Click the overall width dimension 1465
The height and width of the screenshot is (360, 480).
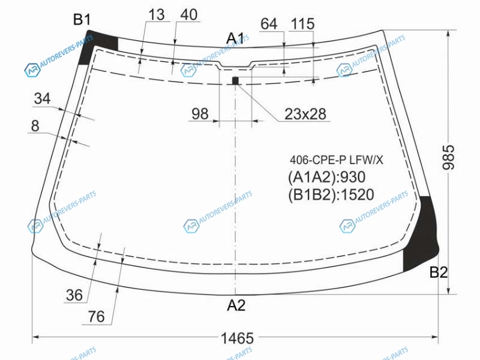(x=237, y=338)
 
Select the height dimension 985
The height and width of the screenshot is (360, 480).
(x=449, y=157)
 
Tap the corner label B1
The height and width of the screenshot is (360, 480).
(x=82, y=20)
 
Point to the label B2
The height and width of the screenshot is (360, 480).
(x=439, y=272)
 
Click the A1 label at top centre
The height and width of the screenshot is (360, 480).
(x=235, y=38)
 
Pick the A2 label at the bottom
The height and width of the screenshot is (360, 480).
(x=236, y=305)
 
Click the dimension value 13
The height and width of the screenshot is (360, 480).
(x=157, y=14)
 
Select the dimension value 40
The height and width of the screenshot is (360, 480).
(x=189, y=14)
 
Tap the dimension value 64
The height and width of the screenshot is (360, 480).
(x=269, y=24)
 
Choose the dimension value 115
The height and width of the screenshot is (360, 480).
(x=303, y=24)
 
